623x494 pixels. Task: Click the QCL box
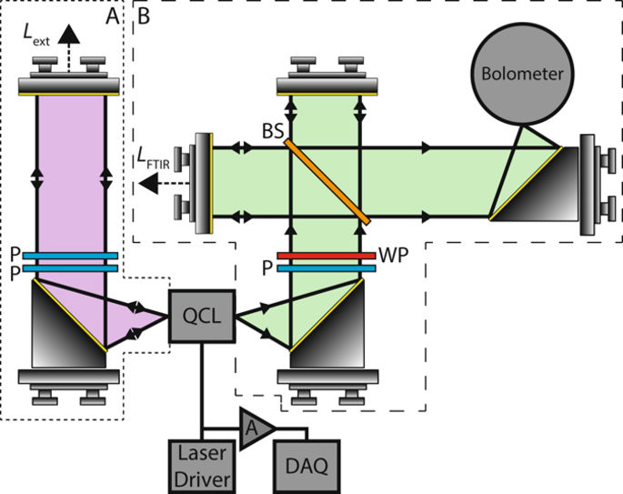pos(202,317)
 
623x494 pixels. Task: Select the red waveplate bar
pos(327,257)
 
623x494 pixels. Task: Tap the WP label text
pos(391,254)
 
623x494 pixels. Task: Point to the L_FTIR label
pos(157,161)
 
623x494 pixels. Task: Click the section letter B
pos(144,14)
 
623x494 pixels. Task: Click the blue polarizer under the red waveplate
pos(327,268)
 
